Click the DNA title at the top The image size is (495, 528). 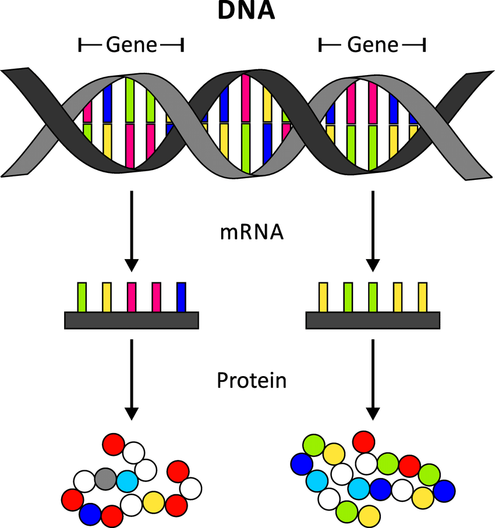coord(246,12)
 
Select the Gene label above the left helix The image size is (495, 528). coord(131,45)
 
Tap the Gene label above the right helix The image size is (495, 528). coord(373,45)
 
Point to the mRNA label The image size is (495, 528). coord(252,233)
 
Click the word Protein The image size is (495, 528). coord(252,381)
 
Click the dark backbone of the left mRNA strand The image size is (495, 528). coord(132,320)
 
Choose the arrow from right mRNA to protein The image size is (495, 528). coord(373,378)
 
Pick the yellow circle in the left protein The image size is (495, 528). coord(154,501)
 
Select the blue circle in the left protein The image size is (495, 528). coord(90,513)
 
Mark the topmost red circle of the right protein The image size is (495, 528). coord(364,441)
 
